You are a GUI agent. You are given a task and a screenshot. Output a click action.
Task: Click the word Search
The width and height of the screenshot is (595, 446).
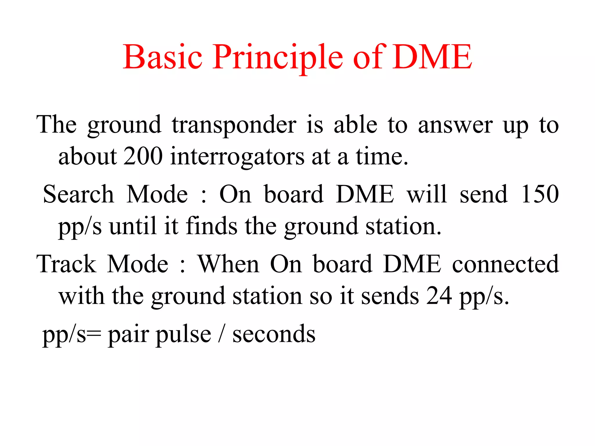click(78, 194)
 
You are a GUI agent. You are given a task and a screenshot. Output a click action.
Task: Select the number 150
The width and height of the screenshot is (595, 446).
click(540, 194)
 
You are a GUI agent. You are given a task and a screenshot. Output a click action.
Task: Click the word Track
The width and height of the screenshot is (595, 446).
click(66, 264)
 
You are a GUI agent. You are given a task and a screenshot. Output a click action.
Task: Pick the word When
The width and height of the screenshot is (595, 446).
click(228, 264)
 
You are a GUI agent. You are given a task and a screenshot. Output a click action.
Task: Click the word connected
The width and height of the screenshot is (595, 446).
click(505, 264)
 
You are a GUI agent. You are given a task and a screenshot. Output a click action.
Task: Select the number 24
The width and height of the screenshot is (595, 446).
click(439, 296)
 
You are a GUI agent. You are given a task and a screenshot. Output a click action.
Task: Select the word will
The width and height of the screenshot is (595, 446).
click(426, 194)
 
